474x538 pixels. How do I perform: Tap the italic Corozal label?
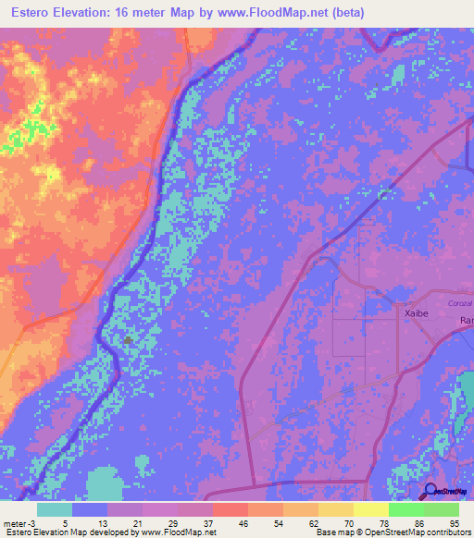tap(460, 303)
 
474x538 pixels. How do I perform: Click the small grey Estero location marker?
tap(128, 340)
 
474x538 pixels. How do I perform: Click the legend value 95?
tap(454, 523)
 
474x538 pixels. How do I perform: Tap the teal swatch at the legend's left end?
tap(55, 509)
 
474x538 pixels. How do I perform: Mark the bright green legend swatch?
tap(405, 509)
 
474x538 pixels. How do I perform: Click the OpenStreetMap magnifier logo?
tap(430, 491)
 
